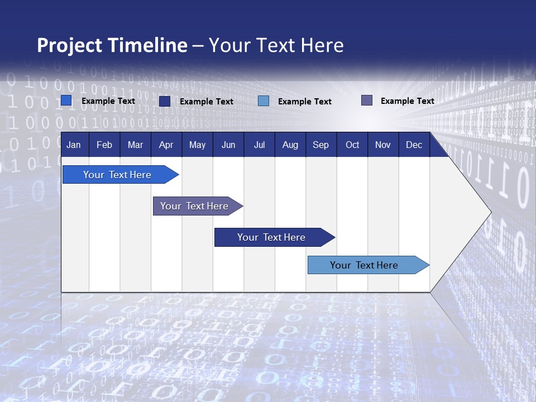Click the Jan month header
pyautogui.click(x=74, y=145)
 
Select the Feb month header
pyautogui.click(x=104, y=145)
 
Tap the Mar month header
pyautogui.click(x=135, y=145)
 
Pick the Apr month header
pyautogui.click(x=166, y=145)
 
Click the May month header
pyautogui.click(x=197, y=145)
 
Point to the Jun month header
pyautogui.click(x=228, y=145)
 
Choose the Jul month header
pyautogui.click(x=259, y=145)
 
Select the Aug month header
pyautogui.click(x=290, y=145)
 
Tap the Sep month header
pyautogui.click(x=321, y=145)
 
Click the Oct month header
pyautogui.click(x=352, y=145)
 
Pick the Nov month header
pyautogui.click(x=383, y=145)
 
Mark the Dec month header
pyautogui.click(x=414, y=145)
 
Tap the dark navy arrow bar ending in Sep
pyautogui.click(x=272, y=237)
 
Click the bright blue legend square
pyautogui.click(x=66, y=100)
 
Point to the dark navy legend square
pyautogui.click(x=165, y=101)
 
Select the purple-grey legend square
pyautogui.click(x=367, y=100)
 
